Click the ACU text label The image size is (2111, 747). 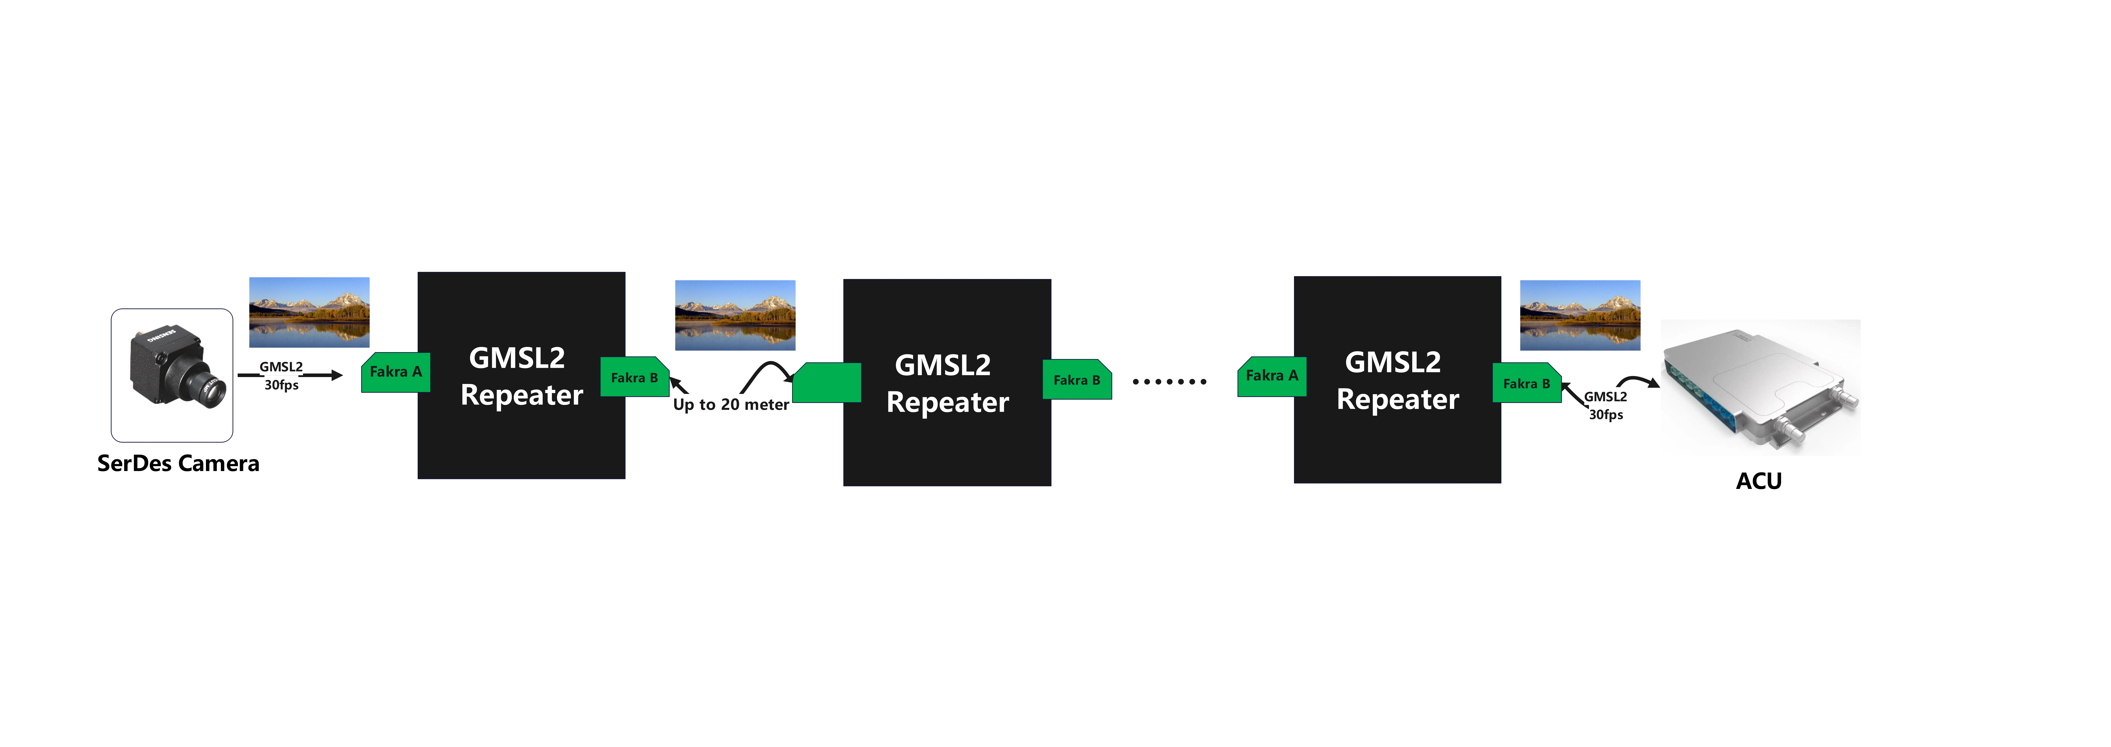tap(1759, 481)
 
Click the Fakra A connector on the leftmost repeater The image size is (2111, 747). tap(396, 372)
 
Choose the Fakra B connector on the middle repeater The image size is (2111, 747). tap(1077, 380)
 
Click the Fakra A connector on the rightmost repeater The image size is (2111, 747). tap(1272, 376)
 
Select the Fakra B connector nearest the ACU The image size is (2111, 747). tap(1527, 383)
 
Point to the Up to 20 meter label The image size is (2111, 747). tap(731, 404)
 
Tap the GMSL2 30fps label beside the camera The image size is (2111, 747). tap(281, 376)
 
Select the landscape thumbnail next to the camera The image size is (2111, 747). tap(309, 312)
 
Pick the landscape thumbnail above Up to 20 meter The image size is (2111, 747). tap(735, 316)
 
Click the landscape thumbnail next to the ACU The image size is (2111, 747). tap(1580, 316)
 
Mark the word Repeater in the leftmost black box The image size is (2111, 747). tap(522, 395)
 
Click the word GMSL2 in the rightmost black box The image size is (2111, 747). tap(1393, 362)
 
